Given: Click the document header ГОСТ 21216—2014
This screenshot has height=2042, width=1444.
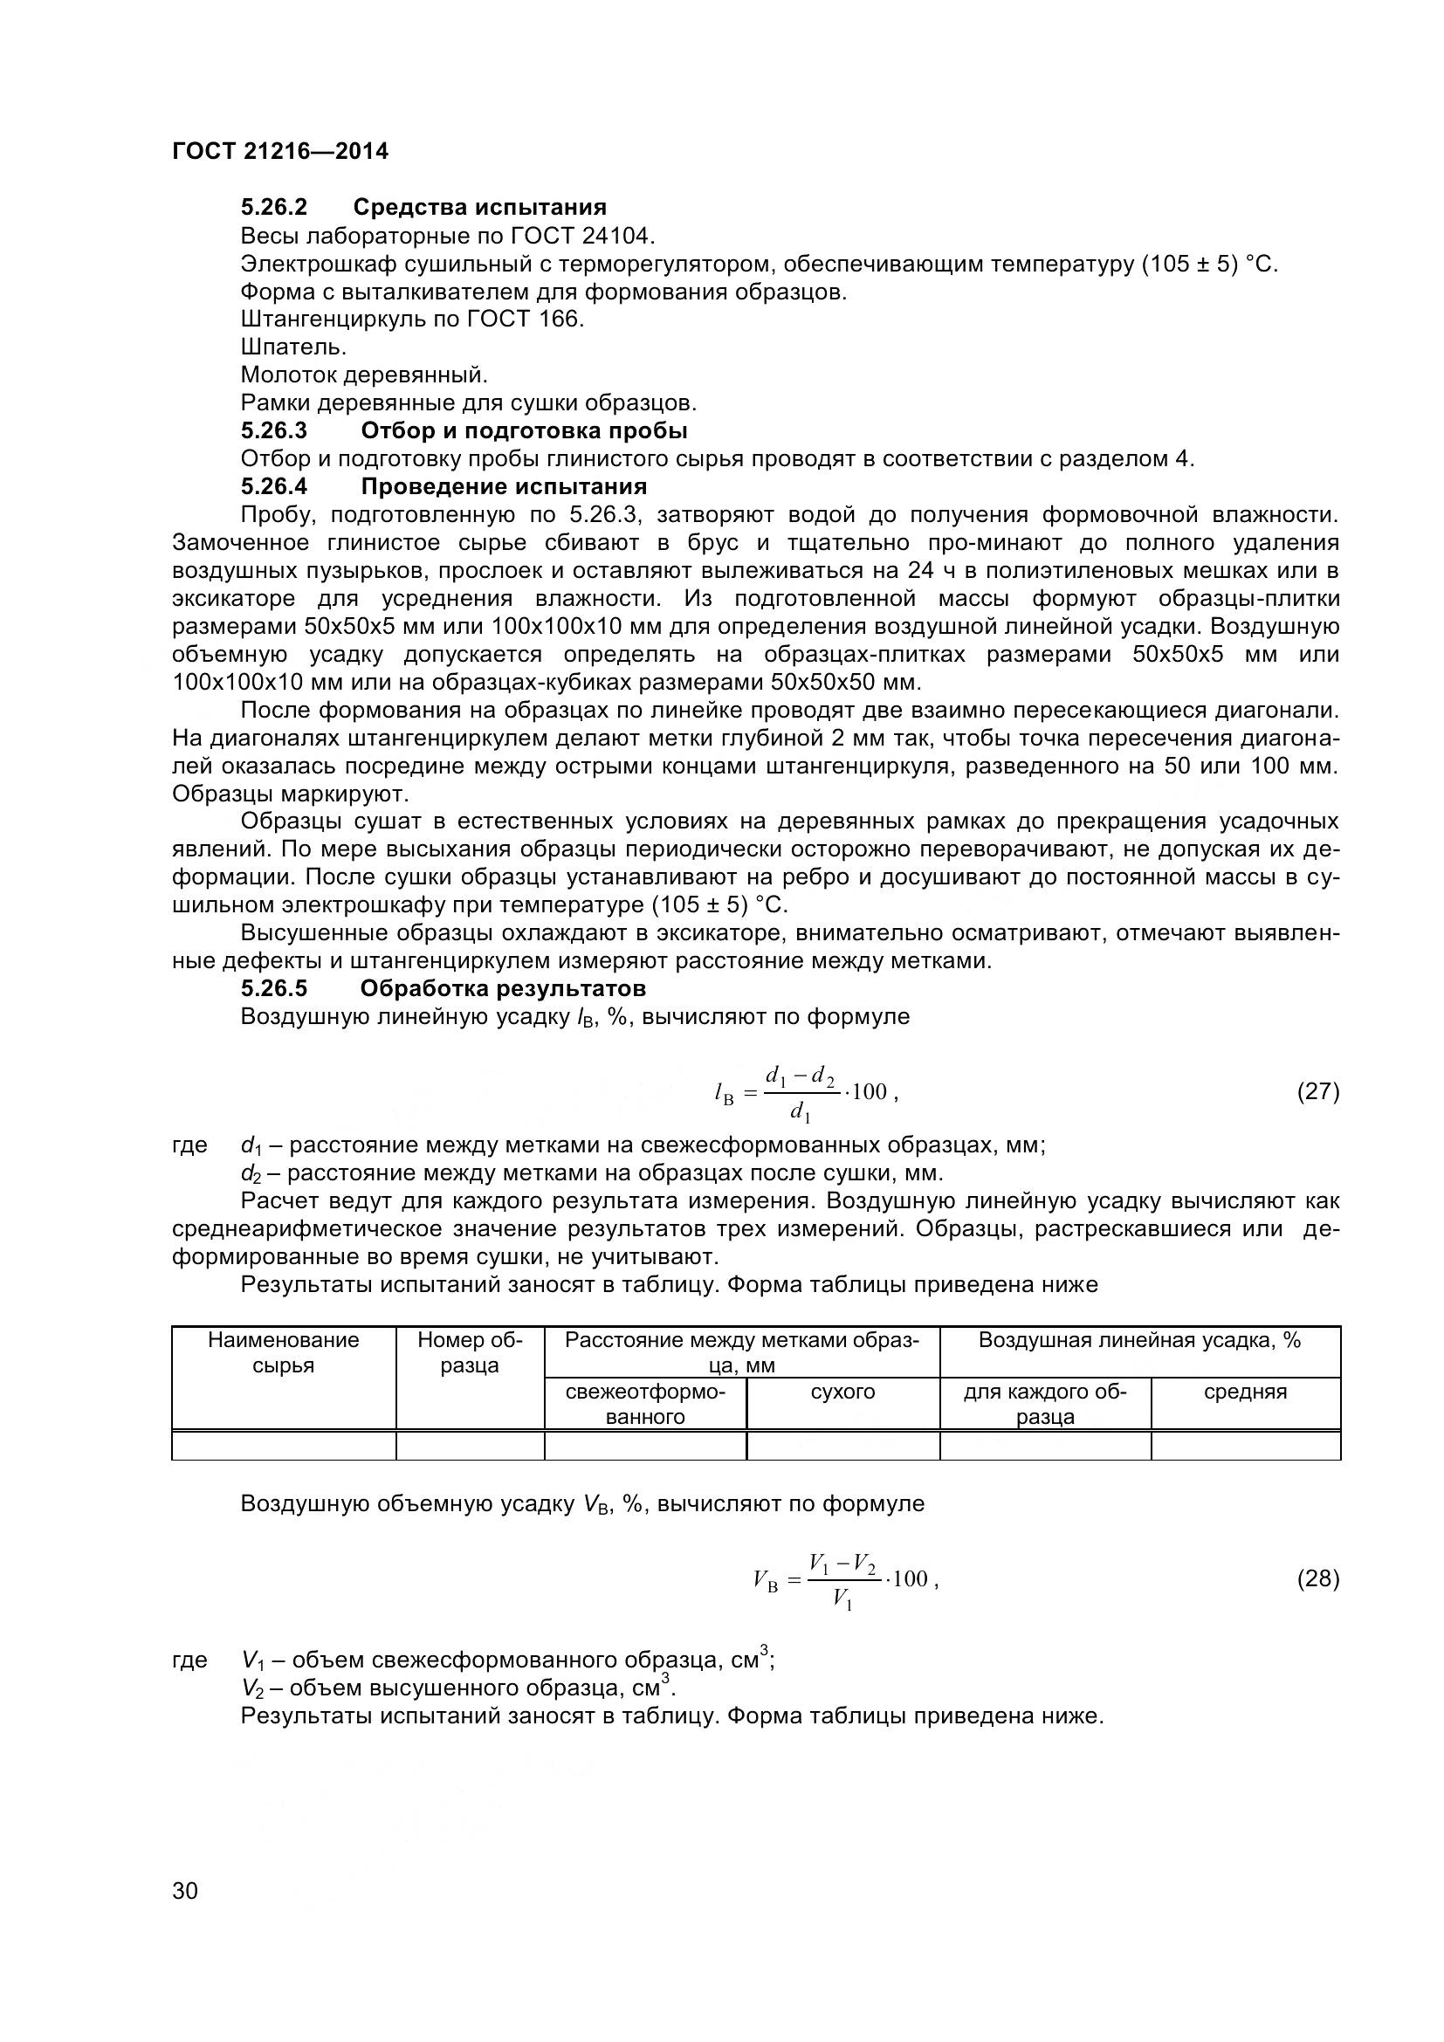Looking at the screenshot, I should (x=280, y=151).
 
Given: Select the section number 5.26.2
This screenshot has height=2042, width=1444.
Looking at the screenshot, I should (x=274, y=207).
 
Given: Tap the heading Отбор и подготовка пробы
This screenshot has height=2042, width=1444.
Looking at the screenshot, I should (x=524, y=430).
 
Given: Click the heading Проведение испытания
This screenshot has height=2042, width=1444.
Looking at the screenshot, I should (x=503, y=486).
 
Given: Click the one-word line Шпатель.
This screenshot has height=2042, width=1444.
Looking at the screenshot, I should (x=293, y=347).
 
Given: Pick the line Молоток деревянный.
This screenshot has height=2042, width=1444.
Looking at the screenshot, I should (x=364, y=375).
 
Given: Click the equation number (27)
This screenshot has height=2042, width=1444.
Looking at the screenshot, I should (x=1317, y=1091).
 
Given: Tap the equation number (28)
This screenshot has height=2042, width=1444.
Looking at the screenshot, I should (x=1317, y=1578).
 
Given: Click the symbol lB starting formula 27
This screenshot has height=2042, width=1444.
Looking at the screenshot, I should (x=724, y=1095).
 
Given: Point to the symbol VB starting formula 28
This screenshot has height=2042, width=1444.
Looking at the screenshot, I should (x=766, y=1581).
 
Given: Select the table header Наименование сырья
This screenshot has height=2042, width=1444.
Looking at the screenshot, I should (x=283, y=1351).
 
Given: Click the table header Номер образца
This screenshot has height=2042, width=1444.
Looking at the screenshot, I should (x=470, y=1351).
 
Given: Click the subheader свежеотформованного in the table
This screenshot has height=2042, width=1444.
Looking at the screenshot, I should (x=644, y=1404).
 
